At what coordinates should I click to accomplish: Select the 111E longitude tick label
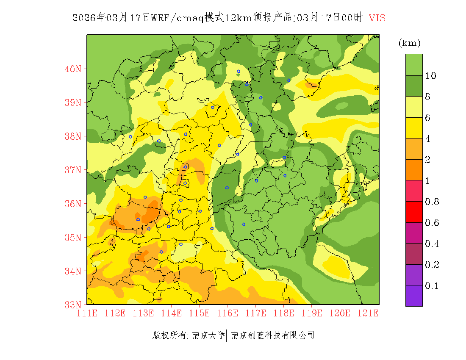(87, 313)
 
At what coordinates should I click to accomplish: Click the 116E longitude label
(227, 313)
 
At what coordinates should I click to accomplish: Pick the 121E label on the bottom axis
(368, 313)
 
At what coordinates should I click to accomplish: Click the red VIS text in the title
(377, 18)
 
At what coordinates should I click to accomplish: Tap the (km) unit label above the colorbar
(409, 43)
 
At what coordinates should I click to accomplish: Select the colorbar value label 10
(431, 76)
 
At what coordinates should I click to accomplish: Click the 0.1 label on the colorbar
(432, 286)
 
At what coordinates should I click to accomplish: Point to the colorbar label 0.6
(432, 223)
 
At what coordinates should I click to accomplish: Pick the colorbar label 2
(428, 160)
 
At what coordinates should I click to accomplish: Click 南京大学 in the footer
(208, 335)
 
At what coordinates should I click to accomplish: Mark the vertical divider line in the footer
(227, 335)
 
